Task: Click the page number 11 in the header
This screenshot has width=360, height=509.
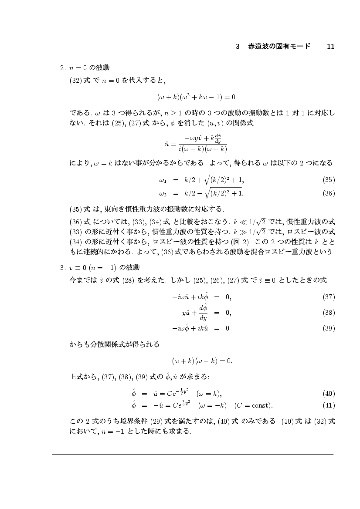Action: pyautogui.click(x=330, y=46)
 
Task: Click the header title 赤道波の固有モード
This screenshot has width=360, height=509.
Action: pyautogui.click(x=279, y=46)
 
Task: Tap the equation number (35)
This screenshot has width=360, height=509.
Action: pyautogui.click(x=329, y=179)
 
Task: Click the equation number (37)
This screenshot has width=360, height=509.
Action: pyautogui.click(x=329, y=297)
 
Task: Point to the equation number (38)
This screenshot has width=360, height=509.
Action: pyautogui.click(x=329, y=312)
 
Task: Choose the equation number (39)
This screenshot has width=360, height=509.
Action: pyautogui.click(x=329, y=328)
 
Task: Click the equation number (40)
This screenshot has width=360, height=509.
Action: pyautogui.click(x=329, y=394)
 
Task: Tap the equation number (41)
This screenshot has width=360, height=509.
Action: pyautogui.click(x=329, y=405)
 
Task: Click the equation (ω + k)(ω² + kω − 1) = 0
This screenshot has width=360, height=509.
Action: pyautogui.click(x=196, y=96)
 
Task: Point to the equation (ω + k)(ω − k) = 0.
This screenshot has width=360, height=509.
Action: pyautogui.click(x=202, y=361)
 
